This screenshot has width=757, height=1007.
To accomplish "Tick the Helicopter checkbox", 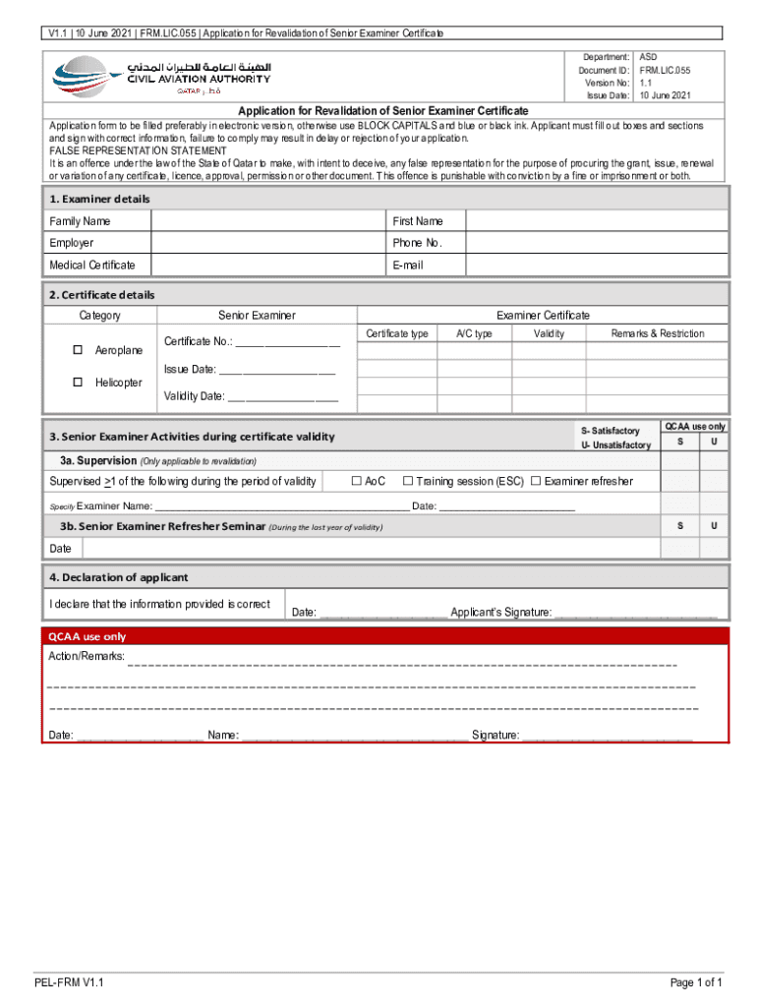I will (x=78, y=383).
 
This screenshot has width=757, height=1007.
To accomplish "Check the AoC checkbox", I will (x=357, y=481).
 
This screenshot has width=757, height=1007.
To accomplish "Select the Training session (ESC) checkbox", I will (x=407, y=481).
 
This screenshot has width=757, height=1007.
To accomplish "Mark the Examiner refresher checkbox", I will (x=536, y=481).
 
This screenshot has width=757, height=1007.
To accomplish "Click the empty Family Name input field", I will (x=268, y=221).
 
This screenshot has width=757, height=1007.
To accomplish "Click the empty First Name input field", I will (x=597, y=221).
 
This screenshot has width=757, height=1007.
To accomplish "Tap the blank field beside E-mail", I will (x=597, y=266).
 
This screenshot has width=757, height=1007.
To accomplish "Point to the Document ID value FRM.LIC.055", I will (x=665, y=71).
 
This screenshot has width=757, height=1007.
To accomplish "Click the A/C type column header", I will (x=474, y=334).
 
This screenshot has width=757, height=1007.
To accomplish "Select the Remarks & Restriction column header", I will (x=657, y=334).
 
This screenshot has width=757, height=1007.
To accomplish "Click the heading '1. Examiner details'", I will (x=99, y=199).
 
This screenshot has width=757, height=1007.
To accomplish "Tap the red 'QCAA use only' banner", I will (x=384, y=636).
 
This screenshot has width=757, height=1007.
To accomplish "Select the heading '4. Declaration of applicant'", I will (x=119, y=577).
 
